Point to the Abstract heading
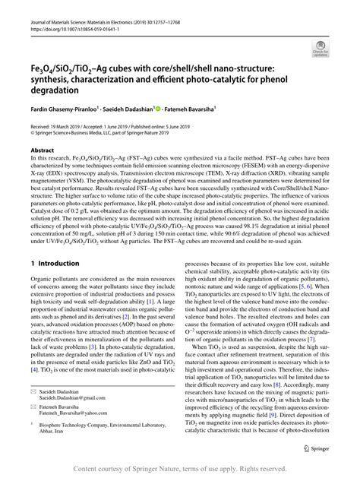pyautogui.click(x=42, y=150)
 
